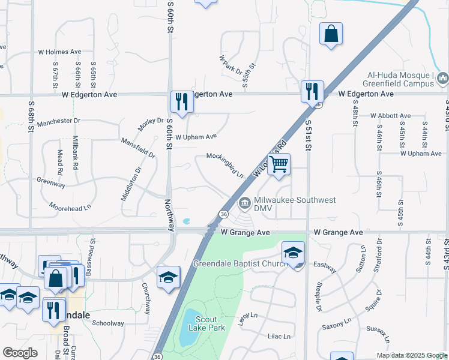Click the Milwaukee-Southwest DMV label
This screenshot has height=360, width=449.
point(287,203)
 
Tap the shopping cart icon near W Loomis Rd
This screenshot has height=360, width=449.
point(279,163)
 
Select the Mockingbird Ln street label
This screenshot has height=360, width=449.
point(225,164)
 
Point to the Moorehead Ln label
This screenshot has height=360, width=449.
point(70,206)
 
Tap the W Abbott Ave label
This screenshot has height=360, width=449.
point(390,116)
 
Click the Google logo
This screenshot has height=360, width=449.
point(20,353)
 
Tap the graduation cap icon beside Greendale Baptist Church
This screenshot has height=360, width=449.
point(293,252)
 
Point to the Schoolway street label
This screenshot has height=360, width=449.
point(108,322)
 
